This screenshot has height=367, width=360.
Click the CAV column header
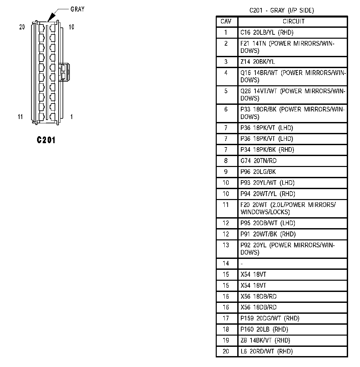227,21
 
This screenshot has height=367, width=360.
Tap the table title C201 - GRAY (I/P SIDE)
281,11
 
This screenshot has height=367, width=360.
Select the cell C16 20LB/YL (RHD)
267,32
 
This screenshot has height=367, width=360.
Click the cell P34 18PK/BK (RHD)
267,150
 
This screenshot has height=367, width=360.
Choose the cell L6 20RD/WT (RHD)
266,351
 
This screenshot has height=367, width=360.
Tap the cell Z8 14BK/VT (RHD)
265,340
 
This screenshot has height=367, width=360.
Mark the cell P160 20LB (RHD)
264,329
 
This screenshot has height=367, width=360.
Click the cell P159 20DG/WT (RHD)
270,318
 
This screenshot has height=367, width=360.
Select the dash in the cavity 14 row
242,264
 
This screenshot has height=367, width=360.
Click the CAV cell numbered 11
226,205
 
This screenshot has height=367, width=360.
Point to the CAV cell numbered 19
226,340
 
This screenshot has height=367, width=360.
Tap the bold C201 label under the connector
46,140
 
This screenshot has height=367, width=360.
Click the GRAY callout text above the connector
77,9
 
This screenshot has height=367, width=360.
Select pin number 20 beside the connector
22,27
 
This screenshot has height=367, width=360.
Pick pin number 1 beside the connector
71,116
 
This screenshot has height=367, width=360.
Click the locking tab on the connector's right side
64,72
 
